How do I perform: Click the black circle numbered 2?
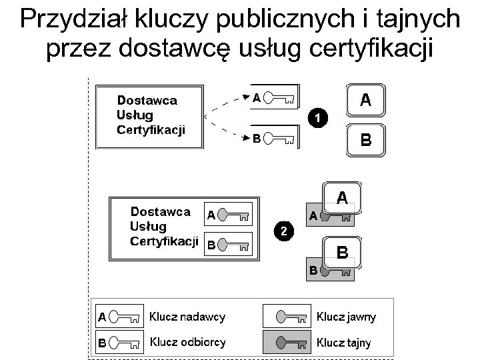pos(284,231)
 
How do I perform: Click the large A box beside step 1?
pos(365,101)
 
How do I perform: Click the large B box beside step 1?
pos(365,140)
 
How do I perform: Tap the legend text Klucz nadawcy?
pos(187,317)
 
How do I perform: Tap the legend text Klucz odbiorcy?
pos(187,343)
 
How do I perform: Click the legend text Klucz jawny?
pos(346,317)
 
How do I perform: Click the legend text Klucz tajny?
pos(343,343)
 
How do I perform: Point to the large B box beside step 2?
pos(342,253)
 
